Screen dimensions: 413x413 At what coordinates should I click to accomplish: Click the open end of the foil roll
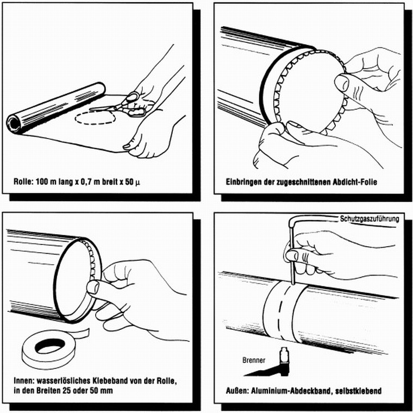[14, 123]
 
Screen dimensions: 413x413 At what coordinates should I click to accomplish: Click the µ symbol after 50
[137, 182]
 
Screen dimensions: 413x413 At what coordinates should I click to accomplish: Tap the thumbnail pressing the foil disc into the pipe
[342, 83]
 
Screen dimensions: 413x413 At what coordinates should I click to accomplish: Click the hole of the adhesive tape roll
[50, 346]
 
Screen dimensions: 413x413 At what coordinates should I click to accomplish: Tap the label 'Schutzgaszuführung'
[370, 219]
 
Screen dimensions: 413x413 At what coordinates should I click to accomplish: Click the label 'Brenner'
[254, 360]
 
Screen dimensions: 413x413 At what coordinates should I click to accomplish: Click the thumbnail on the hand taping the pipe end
[93, 287]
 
